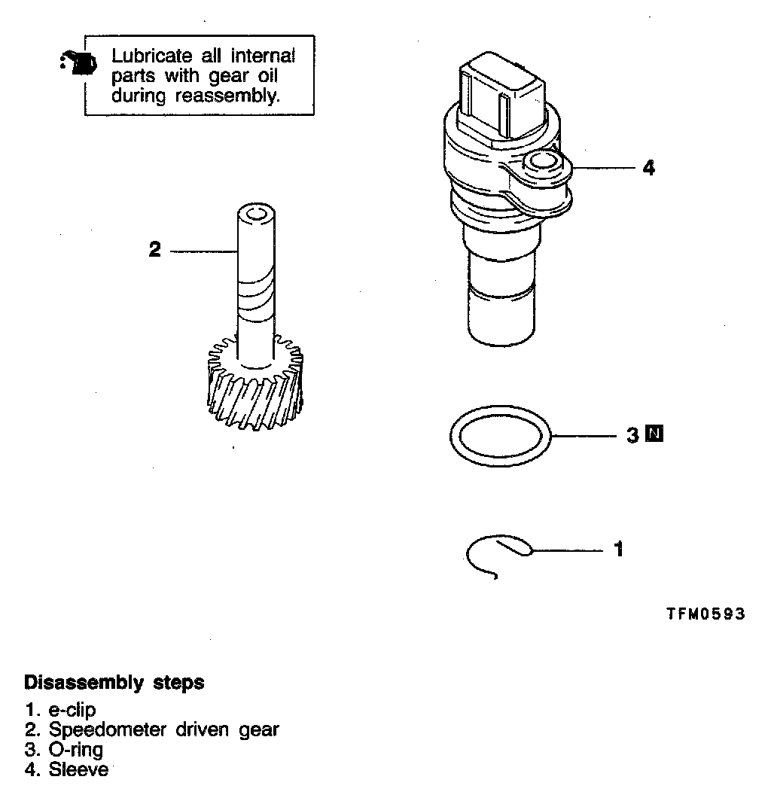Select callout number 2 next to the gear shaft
point(155,250)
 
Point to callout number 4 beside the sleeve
point(648,168)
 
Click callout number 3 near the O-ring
point(633,434)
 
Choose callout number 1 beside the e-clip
point(619,550)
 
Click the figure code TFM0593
point(705,614)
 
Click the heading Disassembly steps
point(114,683)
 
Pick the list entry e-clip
point(72,710)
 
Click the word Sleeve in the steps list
point(78,769)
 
